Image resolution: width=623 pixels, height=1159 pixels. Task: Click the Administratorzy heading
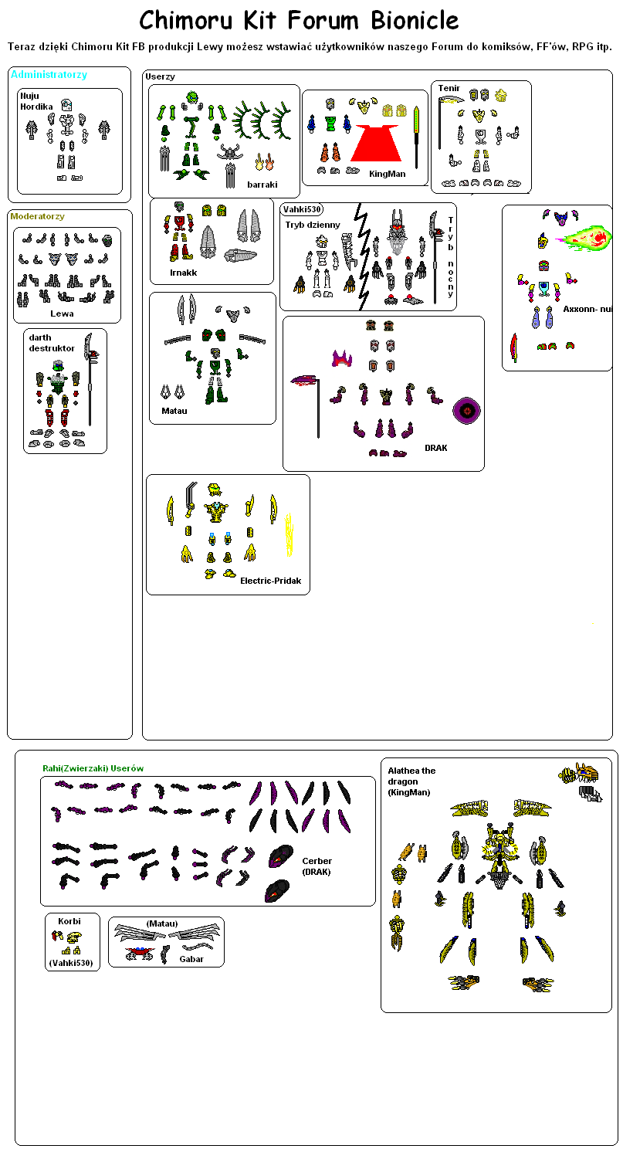[49, 74]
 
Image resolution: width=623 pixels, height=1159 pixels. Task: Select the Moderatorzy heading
[37, 216]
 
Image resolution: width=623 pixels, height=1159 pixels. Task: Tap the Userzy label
[160, 76]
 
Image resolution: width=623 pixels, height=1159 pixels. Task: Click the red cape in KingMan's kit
[376, 142]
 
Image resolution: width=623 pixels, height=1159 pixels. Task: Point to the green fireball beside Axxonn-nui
[583, 238]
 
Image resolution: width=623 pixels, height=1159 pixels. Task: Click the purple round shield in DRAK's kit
[467, 411]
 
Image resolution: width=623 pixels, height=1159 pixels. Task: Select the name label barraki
[262, 185]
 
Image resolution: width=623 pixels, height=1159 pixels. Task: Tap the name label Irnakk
[183, 273]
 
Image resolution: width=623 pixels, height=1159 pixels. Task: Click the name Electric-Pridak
[271, 581]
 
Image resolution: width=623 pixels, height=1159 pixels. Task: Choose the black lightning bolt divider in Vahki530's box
[363, 256]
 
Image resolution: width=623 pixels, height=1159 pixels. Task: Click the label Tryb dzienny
[313, 225]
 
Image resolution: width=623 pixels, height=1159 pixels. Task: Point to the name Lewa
[62, 313]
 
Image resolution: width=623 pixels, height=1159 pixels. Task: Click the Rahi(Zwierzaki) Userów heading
[93, 768]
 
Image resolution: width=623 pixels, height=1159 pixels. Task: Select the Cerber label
[317, 861]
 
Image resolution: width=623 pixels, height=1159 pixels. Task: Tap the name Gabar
[191, 959]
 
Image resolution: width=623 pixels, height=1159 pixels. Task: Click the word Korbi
[69, 921]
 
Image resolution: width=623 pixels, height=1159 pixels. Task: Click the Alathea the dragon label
[412, 776]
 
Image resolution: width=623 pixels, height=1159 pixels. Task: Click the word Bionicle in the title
[415, 21]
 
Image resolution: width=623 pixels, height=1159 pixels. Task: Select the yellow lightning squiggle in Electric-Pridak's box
[289, 534]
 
